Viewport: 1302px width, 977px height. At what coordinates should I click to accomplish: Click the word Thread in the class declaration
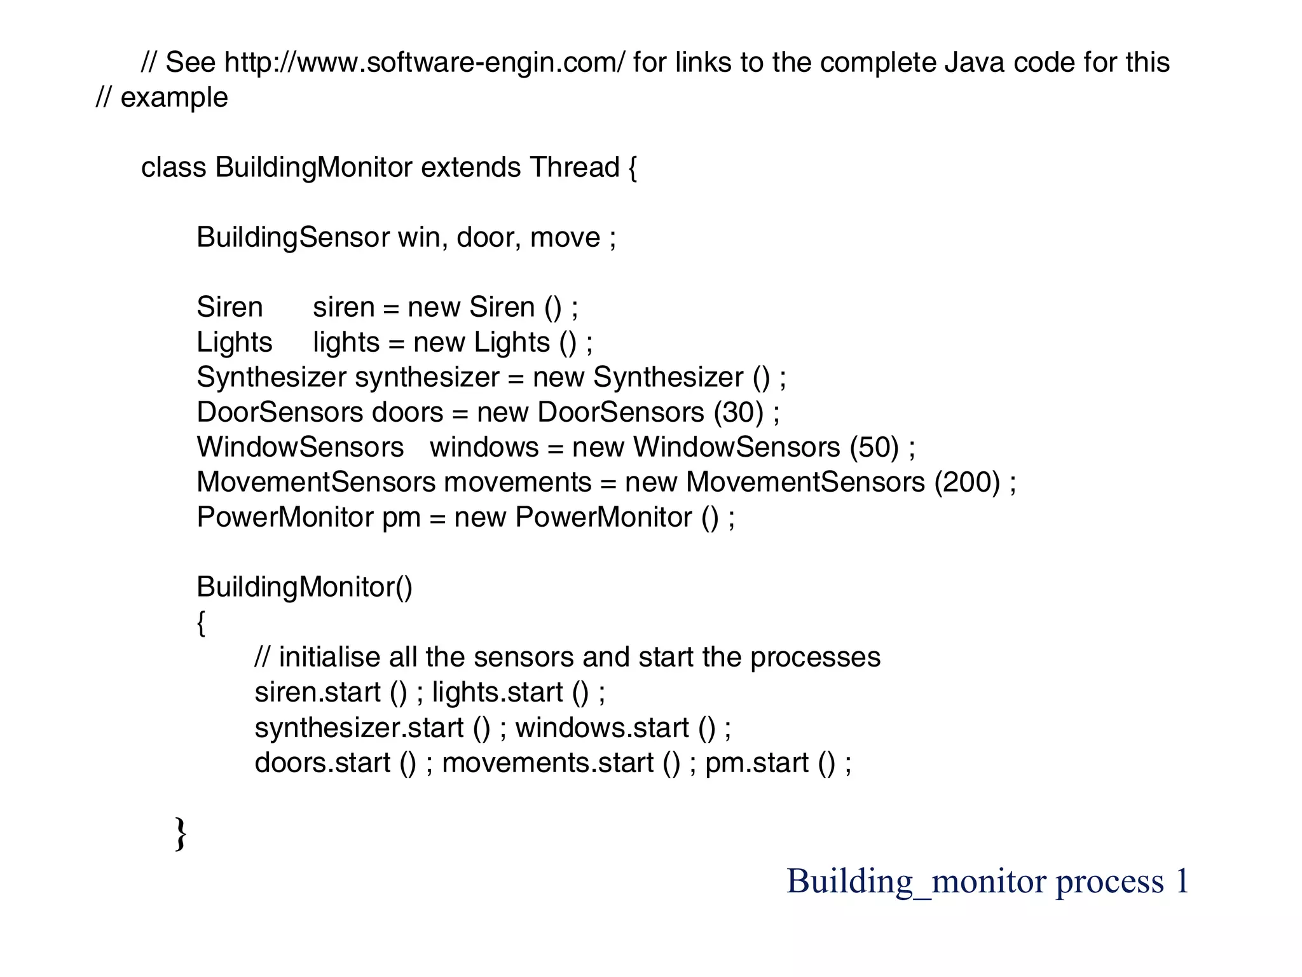pyautogui.click(x=574, y=168)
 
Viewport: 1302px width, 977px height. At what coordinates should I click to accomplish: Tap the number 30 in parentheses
pyautogui.click(x=737, y=413)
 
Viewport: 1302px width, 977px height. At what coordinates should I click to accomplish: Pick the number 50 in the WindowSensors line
pyautogui.click(x=874, y=448)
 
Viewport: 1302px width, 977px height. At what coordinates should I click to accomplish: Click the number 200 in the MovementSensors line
pyautogui.click(x=967, y=483)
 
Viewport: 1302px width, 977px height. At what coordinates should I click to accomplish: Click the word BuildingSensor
pyautogui.click(x=292, y=238)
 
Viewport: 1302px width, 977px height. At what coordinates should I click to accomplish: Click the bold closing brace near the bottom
pyautogui.click(x=181, y=834)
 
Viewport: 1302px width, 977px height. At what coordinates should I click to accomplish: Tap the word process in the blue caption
pyautogui.click(x=1109, y=882)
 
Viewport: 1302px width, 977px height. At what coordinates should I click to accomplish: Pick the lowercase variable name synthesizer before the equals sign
pyautogui.click(x=427, y=378)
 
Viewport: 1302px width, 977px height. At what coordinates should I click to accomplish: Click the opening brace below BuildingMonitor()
pyautogui.click(x=201, y=623)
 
